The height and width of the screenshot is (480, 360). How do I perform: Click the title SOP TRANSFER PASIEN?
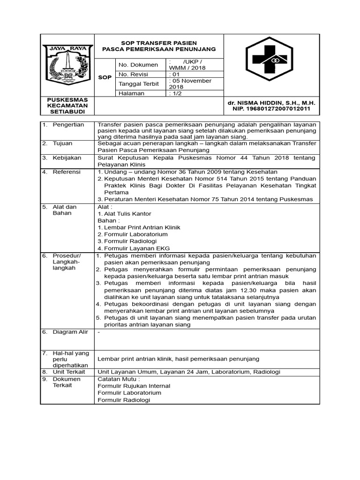click(x=159, y=43)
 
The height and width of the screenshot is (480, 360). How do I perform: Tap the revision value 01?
click(x=174, y=74)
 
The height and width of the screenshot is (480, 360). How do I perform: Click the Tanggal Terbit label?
click(x=139, y=83)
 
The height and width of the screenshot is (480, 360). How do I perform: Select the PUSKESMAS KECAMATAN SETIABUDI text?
click(x=67, y=105)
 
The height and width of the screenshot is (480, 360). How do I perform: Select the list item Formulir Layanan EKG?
click(x=134, y=248)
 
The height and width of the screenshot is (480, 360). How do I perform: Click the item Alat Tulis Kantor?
click(x=124, y=214)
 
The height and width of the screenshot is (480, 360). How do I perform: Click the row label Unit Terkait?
click(x=67, y=371)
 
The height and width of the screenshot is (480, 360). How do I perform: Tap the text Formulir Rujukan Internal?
click(x=134, y=386)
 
